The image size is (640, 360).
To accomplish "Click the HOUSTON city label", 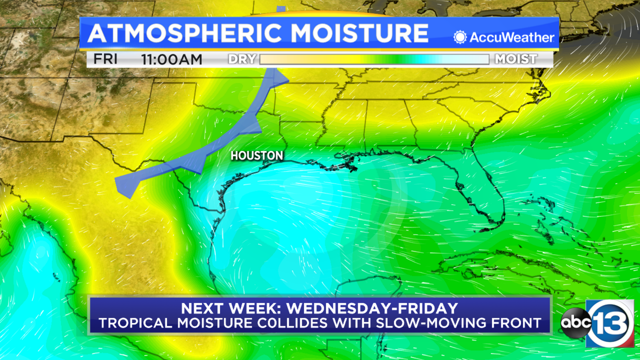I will (257, 156).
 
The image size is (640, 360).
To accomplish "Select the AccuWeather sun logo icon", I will (460, 38).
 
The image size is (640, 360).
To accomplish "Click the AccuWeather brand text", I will (512, 38).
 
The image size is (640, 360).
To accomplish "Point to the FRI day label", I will (105, 59).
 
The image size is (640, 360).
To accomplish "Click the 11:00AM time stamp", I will (172, 60).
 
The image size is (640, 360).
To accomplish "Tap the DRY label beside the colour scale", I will (242, 59).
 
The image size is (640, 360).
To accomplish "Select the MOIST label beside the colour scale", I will (516, 59).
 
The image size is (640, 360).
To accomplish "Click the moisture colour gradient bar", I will (374, 59).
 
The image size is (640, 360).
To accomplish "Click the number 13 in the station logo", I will (610, 322).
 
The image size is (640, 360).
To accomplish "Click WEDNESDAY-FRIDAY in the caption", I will (372, 308).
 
